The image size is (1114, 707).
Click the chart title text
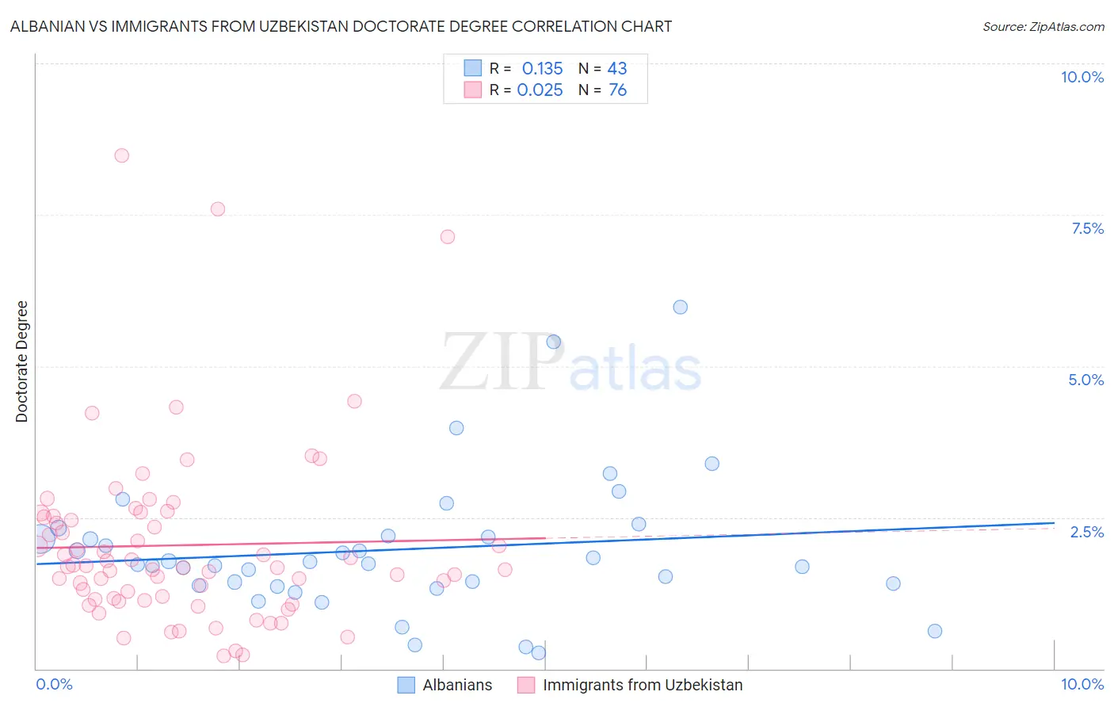tap(341, 26)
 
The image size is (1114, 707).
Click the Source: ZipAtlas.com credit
tap(1043, 26)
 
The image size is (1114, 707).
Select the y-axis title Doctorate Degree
tap(21, 361)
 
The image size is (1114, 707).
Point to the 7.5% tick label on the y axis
tap(1087, 228)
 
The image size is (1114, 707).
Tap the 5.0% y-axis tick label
tap(1085, 380)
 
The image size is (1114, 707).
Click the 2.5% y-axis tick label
tap(1086, 532)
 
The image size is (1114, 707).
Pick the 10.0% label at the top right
tap(1082, 77)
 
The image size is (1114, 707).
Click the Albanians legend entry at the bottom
tap(457, 686)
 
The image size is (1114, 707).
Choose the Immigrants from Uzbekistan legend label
tap(643, 686)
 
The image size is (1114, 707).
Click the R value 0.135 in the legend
tap(542, 69)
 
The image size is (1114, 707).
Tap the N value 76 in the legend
tap(617, 90)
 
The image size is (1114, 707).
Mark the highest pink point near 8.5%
tap(121, 155)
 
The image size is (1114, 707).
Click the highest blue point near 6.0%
tap(680, 308)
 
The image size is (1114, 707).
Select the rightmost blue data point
tap(935, 631)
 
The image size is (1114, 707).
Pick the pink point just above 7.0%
tap(447, 237)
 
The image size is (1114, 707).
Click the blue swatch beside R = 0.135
tap(472, 68)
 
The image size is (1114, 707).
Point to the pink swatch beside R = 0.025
tap(472, 90)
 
